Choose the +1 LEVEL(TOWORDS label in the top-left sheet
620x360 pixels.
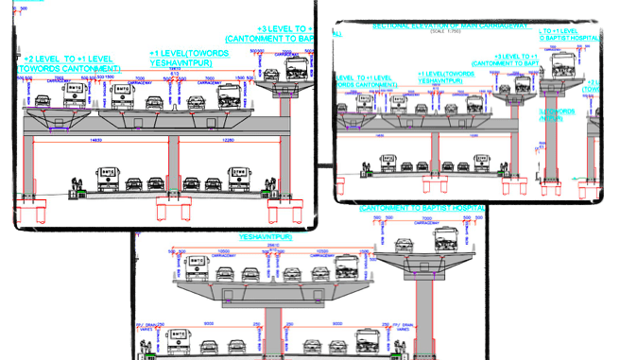[x=188, y=52]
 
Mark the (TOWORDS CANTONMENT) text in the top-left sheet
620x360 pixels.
[x=69, y=69]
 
